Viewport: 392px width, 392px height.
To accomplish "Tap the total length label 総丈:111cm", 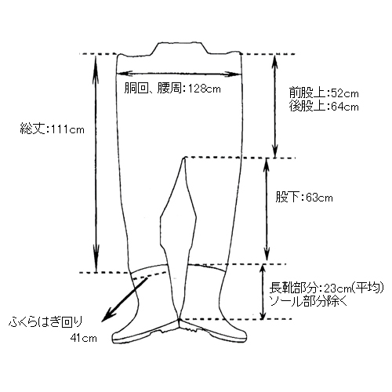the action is (53, 129).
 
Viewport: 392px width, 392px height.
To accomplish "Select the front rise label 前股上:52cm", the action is (324, 93).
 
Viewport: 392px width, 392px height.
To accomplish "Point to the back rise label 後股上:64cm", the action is (324, 107).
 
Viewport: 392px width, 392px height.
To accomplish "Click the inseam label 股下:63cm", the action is (304, 198).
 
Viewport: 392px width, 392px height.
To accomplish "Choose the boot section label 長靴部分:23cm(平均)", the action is (327, 288).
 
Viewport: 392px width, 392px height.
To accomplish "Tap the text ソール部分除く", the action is (308, 302).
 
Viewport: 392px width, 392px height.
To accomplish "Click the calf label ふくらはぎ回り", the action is (45, 321).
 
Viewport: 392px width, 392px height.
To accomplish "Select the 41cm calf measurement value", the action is (83, 338).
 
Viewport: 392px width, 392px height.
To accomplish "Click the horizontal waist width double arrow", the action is (179, 74).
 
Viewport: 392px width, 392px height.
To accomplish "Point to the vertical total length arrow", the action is (96, 163).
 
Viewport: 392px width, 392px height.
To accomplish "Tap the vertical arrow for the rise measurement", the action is (274, 106).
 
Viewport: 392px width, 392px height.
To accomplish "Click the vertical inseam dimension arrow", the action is (267, 209).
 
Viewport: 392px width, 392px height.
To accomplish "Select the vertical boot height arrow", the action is (263, 292).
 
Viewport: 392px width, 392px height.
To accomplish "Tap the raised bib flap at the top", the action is (180, 49).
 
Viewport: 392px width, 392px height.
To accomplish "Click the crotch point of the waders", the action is (184, 158).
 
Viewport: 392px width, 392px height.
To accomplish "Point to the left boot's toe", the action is (114, 337).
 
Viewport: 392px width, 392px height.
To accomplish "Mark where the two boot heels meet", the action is (180, 321).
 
